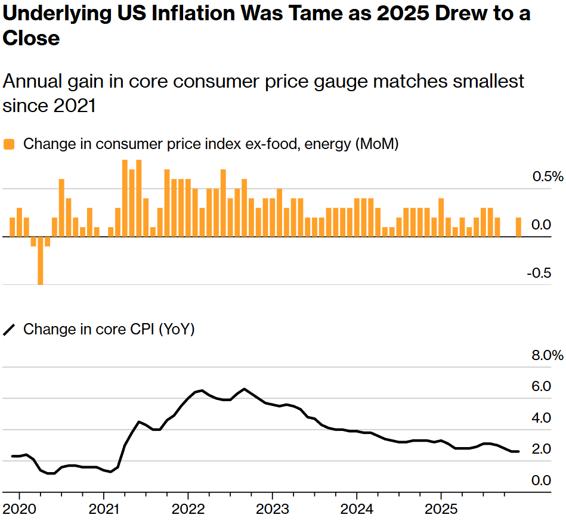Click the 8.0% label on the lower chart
(x=547, y=356)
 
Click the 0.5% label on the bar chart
(x=547, y=177)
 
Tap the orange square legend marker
(x=9, y=144)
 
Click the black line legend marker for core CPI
(x=9, y=330)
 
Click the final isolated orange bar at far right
(x=518, y=227)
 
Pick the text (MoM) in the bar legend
(x=375, y=144)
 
